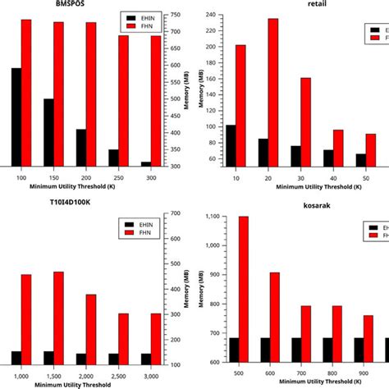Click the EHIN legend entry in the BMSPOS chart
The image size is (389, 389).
click(x=138, y=16)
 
